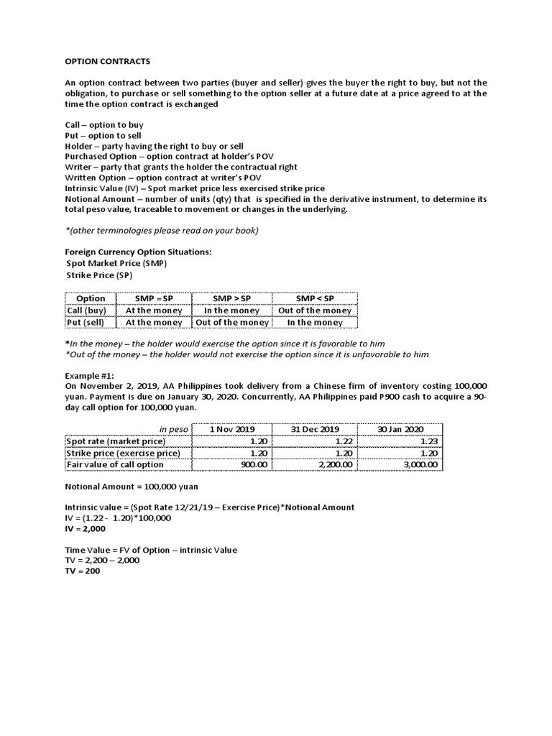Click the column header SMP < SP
[x=315, y=298]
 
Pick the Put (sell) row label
[x=85, y=323]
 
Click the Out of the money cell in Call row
[x=315, y=310]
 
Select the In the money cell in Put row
[x=315, y=323]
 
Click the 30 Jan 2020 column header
[x=401, y=429]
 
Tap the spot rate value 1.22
[x=344, y=441]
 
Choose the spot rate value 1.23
[x=429, y=441]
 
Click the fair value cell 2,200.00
[x=334, y=465]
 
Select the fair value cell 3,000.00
[x=419, y=465]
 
